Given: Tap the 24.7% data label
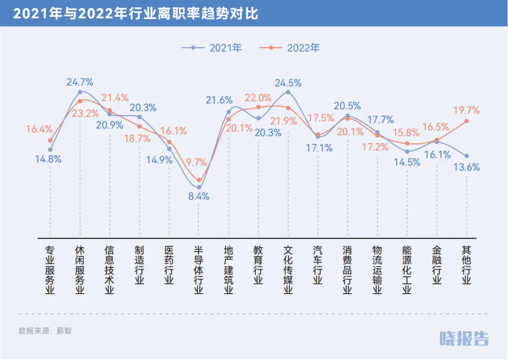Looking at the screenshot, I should (x=80, y=82).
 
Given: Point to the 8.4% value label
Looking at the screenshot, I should (x=198, y=196).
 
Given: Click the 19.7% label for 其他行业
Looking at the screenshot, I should (x=467, y=110).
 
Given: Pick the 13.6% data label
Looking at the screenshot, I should (x=467, y=167).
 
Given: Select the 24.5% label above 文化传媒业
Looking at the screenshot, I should (x=288, y=83).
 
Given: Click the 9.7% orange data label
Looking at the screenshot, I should (x=196, y=163).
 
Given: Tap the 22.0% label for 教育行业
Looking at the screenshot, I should (x=258, y=98).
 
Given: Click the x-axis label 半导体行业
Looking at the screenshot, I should (x=198, y=270).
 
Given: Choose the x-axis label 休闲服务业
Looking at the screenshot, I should (x=80, y=270).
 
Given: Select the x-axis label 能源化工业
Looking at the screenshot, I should (x=407, y=270).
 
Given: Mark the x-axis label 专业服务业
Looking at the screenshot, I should (x=50, y=270).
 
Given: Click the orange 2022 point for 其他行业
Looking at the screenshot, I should (x=467, y=121).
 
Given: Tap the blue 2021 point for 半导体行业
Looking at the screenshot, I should (x=198, y=188).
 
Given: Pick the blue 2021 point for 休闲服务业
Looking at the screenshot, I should (x=80, y=92).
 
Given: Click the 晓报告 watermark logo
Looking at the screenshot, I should (x=464, y=338).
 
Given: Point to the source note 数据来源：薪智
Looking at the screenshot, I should (x=45, y=330).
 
